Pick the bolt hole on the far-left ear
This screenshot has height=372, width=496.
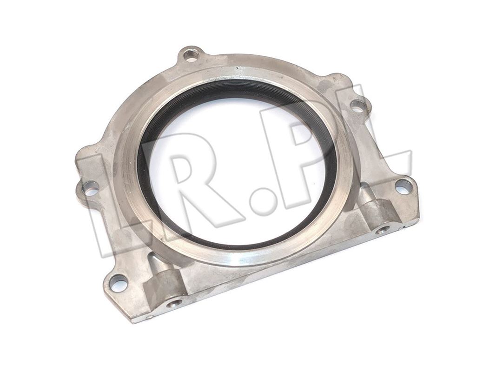coord(91,189)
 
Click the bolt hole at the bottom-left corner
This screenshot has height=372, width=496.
coord(119,282)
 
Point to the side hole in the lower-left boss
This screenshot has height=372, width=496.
coord(174,304)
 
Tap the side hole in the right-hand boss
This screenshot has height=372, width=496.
coord(383,230)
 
